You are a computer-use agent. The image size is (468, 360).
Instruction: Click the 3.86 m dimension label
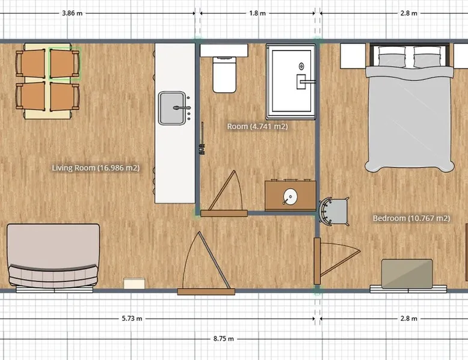[72, 13]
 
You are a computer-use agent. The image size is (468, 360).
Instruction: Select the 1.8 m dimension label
[257, 13]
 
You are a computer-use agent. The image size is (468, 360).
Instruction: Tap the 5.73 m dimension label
[132, 319]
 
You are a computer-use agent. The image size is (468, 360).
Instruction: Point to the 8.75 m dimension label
[224, 339]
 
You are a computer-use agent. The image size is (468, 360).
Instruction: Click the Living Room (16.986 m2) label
[96, 168]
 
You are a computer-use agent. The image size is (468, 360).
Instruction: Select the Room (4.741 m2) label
[257, 126]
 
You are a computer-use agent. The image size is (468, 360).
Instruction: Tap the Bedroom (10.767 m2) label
[411, 218]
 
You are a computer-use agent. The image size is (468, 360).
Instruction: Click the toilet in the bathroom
[224, 75]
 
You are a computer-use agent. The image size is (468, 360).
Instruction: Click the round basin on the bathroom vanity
[290, 197]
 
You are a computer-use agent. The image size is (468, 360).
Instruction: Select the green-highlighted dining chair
[65, 64]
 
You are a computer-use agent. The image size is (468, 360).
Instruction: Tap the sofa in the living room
[53, 256]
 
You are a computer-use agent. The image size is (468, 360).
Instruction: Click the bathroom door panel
[224, 213]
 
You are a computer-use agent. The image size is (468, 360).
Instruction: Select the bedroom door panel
[317, 261]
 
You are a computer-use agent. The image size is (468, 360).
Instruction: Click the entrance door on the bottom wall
[206, 291]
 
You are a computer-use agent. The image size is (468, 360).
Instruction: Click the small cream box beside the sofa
[134, 283]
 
